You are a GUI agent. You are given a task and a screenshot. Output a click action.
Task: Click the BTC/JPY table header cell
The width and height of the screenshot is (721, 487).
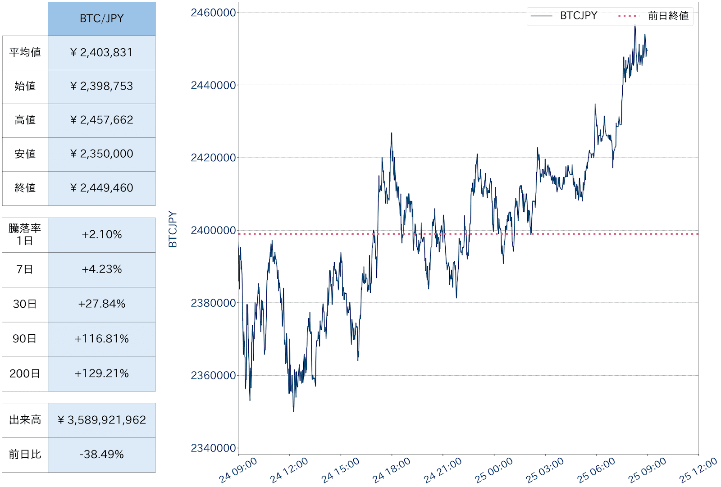coord(101,18)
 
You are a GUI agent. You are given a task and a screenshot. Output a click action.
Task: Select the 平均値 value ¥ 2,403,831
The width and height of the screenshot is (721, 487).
coord(101,53)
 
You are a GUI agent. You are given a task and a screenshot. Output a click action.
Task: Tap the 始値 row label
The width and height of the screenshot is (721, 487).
coord(25,86)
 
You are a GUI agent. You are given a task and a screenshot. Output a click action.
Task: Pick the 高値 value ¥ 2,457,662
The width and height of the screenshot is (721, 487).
coord(101,120)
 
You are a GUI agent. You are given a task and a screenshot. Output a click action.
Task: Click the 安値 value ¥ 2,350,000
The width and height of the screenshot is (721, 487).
coord(101,154)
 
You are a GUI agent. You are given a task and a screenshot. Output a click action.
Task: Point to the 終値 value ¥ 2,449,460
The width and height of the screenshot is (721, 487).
coord(101,188)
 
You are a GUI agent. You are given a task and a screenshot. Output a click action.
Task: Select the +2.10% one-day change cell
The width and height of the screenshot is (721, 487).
coord(101,235)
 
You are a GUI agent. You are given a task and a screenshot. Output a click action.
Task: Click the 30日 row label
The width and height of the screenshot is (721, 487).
coord(25,304)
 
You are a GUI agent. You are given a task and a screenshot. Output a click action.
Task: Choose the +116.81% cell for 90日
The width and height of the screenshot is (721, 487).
coord(101,339)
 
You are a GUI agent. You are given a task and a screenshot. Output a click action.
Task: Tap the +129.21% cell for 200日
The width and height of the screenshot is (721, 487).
coord(101,373)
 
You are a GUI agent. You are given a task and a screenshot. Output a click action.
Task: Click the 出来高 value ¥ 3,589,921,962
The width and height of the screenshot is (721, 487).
coord(101,420)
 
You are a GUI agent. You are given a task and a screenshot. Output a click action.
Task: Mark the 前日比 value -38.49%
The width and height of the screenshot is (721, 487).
coord(101,455)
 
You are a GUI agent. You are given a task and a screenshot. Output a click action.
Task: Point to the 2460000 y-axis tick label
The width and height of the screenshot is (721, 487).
coord(213,13)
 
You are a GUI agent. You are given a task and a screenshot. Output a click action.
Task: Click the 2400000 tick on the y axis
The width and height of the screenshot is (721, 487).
coord(213,231)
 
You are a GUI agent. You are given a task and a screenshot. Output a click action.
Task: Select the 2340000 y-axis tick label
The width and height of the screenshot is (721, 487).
coord(213,448)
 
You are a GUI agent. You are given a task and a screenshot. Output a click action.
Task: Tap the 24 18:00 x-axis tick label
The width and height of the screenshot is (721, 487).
coord(391,470)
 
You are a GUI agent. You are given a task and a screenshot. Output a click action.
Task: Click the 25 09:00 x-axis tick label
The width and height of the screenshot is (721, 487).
coord(647,470)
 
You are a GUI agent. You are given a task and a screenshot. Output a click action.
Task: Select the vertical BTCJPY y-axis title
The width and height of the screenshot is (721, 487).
coord(173,229)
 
